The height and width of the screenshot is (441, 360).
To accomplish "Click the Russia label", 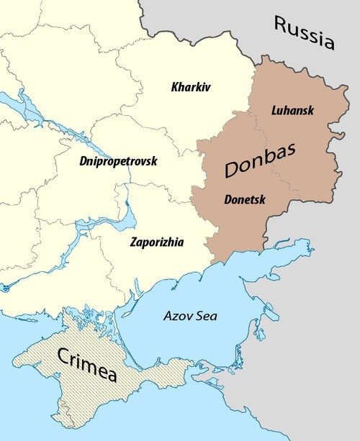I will coord(305,33).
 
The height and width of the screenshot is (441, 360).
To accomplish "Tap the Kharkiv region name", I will coord(192,88).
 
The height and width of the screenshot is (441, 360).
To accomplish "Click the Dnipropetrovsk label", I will coord(118,161).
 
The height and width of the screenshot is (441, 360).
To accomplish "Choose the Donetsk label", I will coord(245,199).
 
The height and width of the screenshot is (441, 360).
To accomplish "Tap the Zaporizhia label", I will coord(156,242).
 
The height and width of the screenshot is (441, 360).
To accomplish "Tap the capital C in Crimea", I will coord(63,353).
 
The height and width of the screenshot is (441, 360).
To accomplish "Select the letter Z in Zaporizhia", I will coord(132,242).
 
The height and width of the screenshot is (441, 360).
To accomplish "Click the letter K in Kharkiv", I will coord(176,88).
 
